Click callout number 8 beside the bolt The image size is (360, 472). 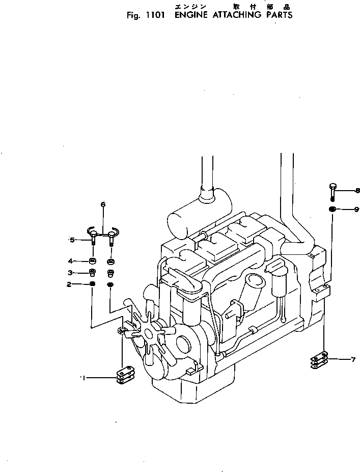(x=357, y=192)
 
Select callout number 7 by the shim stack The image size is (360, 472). (x=352, y=360)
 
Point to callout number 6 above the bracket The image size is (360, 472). (x=103, y=205)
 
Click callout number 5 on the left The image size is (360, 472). (x=72, y=240)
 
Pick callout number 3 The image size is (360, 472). (x=71, y=273)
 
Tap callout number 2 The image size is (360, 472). (x=69, y=284)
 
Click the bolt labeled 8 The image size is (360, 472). (x=333, y=191)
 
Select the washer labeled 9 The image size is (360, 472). (x=332, y=209)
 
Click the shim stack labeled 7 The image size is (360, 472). (x=319, y=360)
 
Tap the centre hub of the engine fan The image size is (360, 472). (x=151, y=334)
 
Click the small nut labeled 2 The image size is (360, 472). (x=92, y=284)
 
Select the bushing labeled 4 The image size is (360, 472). (x=93, y=261)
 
